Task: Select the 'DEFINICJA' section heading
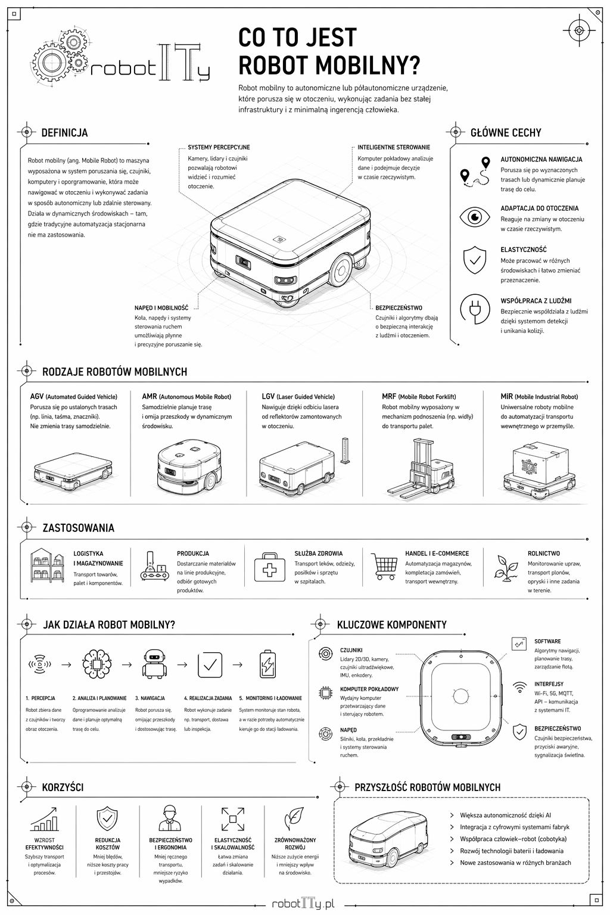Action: [64, 133]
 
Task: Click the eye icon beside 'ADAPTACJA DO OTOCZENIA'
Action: [474, 217]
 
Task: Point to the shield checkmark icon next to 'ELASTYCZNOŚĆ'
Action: [474, 260]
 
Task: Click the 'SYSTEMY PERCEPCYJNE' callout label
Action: [219, 147]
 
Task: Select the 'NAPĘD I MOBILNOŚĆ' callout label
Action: [161, 308]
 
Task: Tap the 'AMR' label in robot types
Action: [149, 397]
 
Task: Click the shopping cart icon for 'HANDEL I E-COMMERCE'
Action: [384, 566]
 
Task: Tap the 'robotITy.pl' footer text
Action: [303, 903]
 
